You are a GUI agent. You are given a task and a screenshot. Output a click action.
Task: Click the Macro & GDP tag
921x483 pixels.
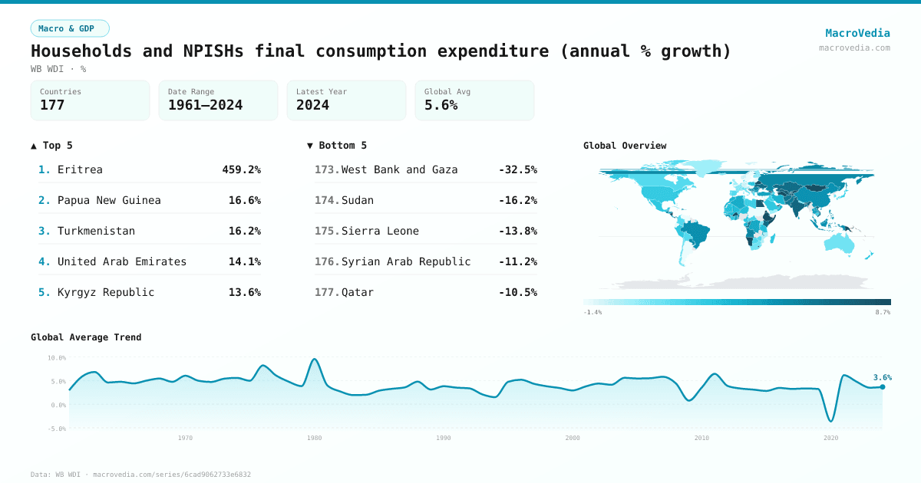pyautogui.click(x=70, y=28)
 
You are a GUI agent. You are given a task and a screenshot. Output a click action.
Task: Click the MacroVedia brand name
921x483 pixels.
pyautogui.click(x=857, y=33)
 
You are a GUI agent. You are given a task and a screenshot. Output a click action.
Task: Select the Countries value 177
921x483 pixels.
pyautogui.click(x=52, y=105)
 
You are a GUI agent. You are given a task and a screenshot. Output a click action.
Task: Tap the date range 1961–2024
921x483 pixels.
pyautogui.click(x=205, y=105)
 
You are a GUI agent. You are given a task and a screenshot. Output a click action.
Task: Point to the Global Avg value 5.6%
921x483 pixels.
pyautogui.click(x=441, y=105)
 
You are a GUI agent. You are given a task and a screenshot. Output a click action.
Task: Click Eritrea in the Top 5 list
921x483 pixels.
pyautogui.click(x=80, y=169)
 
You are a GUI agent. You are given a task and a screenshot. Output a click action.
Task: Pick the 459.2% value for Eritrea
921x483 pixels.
pyautogui.click(x=241, y=169)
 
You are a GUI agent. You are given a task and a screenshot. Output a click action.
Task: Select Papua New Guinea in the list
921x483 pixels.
pyautogui.click(x=109, y=200)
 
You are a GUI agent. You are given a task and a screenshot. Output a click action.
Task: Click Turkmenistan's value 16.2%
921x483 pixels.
pyautogui.click(x=244, y=231)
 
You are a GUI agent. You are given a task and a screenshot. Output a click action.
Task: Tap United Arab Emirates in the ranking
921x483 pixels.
pyautogui.click(x=122, y=261)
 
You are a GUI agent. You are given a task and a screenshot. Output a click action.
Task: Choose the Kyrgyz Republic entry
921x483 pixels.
pyautogui.click(x=106, y=292)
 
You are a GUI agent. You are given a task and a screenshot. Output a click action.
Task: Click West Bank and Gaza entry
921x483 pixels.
pyautogui.click(x=399, y=169)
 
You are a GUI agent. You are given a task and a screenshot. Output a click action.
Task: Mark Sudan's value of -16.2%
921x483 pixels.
pyautogui.click(x=517, y=200)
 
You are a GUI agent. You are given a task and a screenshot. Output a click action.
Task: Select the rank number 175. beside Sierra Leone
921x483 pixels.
pyautogui.click(x=326, y=231)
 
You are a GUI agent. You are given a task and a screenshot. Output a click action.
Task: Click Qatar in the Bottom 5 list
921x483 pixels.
pyautogui.click(x=358, y=292)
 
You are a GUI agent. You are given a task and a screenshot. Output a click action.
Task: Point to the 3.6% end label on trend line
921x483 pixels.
pyautogui.click(x=882, y=377)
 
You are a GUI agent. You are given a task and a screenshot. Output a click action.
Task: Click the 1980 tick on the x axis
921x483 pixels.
pyautogui.click(x=314, y=438)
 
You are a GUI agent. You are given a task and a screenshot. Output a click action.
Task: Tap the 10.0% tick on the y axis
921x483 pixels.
pyautogui.click(x=56, y=358)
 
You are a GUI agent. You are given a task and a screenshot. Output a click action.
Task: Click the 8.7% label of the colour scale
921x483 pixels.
pyautogui.click(x=883, y=313)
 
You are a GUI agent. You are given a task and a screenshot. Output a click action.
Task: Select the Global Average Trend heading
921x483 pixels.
pyautogui.click(x=86, y=337)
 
